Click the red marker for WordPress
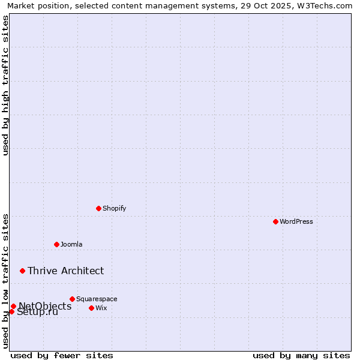pos(275,221)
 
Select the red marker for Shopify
pos(98,208)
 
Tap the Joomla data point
pos(56,244)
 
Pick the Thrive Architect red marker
pos(22,271)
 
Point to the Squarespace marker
pos(72,299)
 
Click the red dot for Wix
pos(91,308)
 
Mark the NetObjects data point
pos(13,306)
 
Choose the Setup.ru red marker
pos(11,311)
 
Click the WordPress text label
pos(296,221)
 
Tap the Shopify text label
pos(115,208)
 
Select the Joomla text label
pos(71,244)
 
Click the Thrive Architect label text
pos(65,271)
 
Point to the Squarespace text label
pos(97,299)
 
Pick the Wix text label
pos(101,308)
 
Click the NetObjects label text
pos(45,306)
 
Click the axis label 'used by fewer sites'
pos(62,355)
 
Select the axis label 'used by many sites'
pos(301,355)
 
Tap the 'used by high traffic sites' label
pos(5,85)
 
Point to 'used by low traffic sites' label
pos(5,281)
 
